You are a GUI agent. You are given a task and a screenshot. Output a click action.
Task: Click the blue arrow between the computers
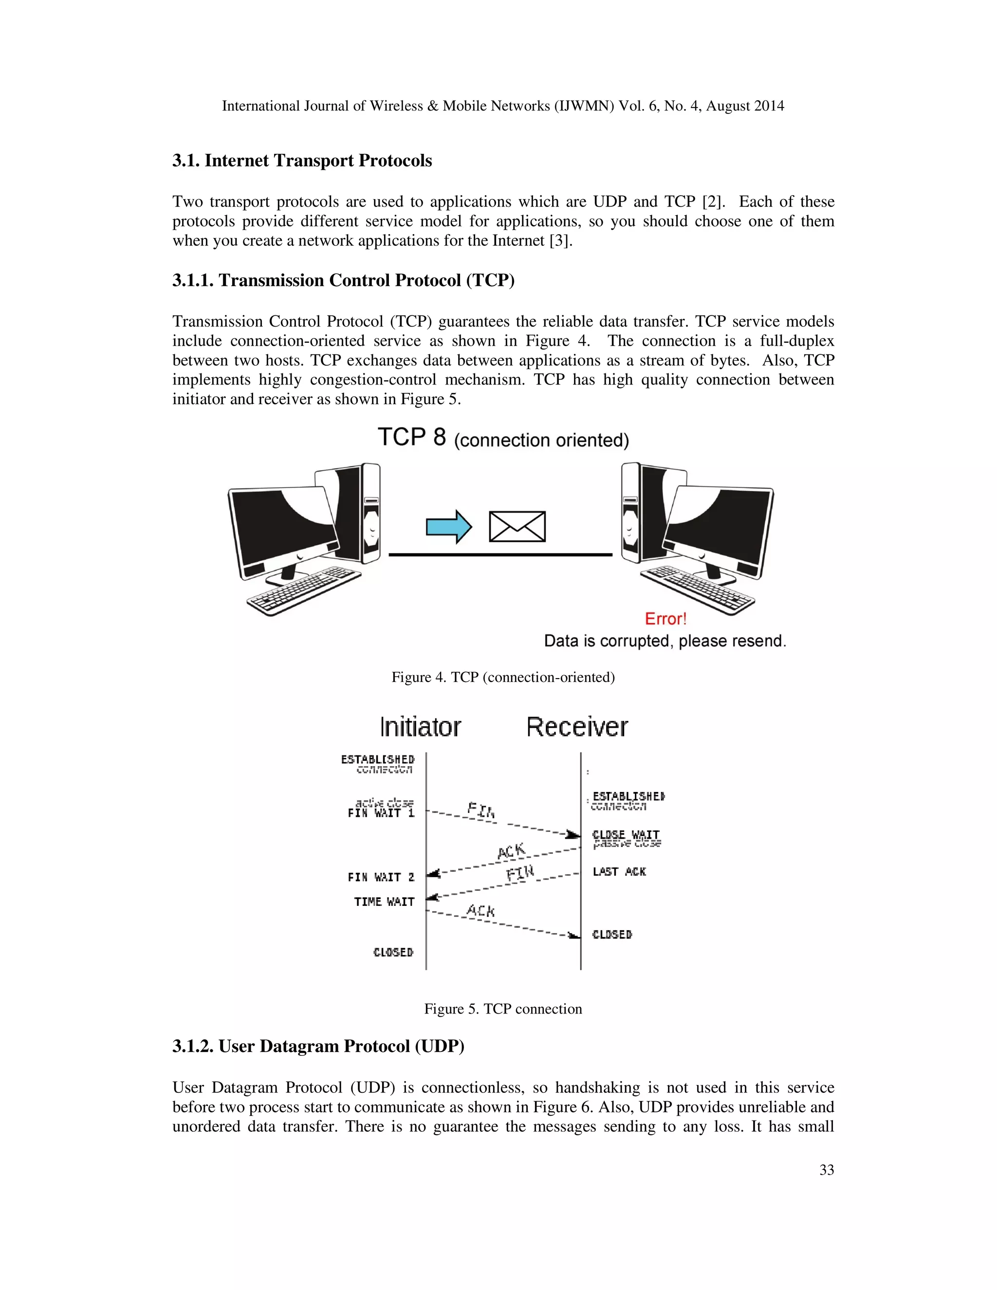[448, 526]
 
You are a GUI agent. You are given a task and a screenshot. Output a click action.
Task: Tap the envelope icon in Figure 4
[517, 526]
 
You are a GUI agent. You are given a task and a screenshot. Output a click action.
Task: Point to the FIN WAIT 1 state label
[381, 813]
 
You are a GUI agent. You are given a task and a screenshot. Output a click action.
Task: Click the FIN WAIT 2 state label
[381, 877]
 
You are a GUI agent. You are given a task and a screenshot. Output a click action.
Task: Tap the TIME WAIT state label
[384, 902]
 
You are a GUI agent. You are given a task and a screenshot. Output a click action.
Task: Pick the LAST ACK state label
[619, 871]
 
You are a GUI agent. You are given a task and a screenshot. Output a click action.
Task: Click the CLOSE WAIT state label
[626, 834]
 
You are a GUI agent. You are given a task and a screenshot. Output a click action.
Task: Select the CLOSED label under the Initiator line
[393, 952]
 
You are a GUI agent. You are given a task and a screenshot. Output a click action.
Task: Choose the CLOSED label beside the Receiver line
[612, 935]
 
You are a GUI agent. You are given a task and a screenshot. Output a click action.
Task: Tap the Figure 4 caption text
[502, 677]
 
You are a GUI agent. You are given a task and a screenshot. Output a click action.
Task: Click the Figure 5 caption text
[502, 1009]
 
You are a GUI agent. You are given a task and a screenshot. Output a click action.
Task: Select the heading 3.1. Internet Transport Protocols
[302, 161]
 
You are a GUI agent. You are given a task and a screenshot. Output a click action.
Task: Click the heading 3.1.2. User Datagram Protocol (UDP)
[318, 1046]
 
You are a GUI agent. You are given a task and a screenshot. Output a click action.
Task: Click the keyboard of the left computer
[304, 590]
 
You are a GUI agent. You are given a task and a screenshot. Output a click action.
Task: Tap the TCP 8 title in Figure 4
[412, 438]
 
